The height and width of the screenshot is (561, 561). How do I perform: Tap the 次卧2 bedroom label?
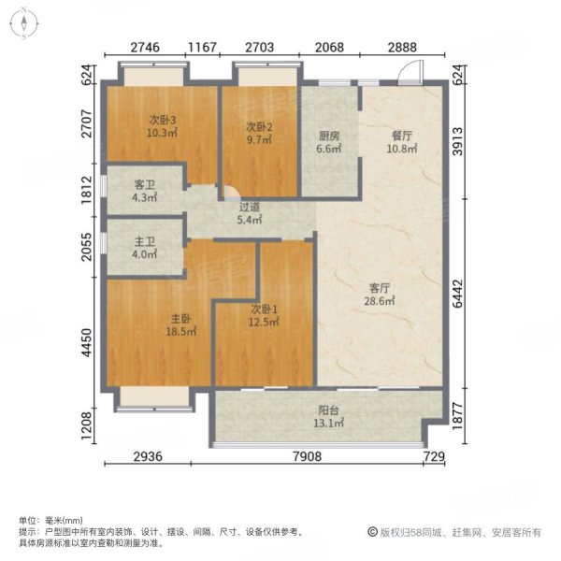259,126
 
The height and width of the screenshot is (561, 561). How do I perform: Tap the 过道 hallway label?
250,209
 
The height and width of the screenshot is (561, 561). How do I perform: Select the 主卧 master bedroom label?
155,317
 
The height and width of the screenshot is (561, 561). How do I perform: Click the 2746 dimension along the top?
146,46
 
